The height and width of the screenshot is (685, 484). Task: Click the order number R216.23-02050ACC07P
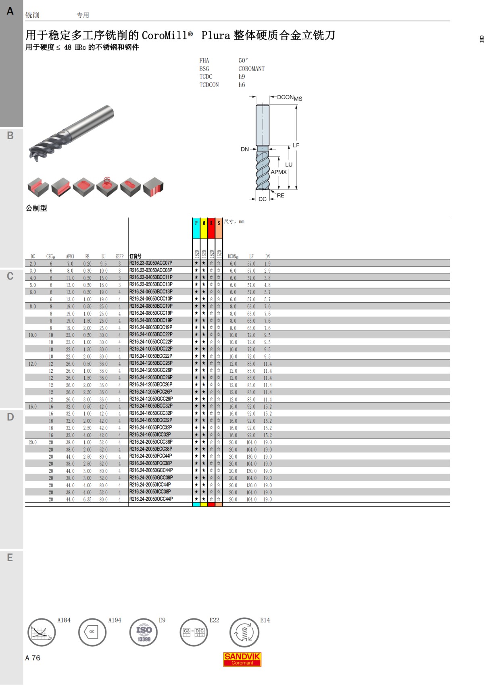(x=151, y=263)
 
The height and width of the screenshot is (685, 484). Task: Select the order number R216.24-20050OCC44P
(x=151, y=499)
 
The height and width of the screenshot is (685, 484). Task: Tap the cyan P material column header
(x=196, y=228)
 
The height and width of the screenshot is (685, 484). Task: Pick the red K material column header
(x=211, y=228)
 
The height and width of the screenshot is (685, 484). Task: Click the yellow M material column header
(x=204, y=228)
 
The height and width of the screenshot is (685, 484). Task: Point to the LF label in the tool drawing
(x=296, y=145)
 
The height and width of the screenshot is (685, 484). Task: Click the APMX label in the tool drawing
(x=279, y=172)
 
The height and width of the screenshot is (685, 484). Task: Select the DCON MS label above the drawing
(x=290, y=98)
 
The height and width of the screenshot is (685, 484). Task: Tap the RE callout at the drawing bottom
(x=280, y=195)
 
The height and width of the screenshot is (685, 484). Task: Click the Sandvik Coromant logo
(x=242, y=659)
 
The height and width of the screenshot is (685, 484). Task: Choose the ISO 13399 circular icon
(x=144, y=633)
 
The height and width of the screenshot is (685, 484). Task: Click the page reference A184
(x=64, y=620)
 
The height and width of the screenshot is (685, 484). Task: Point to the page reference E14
(x=265, y=620)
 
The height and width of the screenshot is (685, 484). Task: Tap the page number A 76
(x=33, y=658)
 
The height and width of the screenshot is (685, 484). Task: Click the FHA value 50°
(x=243, y=61)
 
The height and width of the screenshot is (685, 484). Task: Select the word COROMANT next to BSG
(x=252, y=69)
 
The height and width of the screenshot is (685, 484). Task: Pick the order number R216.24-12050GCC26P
(x=151, y=399)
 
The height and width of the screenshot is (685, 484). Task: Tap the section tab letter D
(x=10, y=417)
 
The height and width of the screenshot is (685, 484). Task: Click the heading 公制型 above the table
(x=36, y=208)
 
